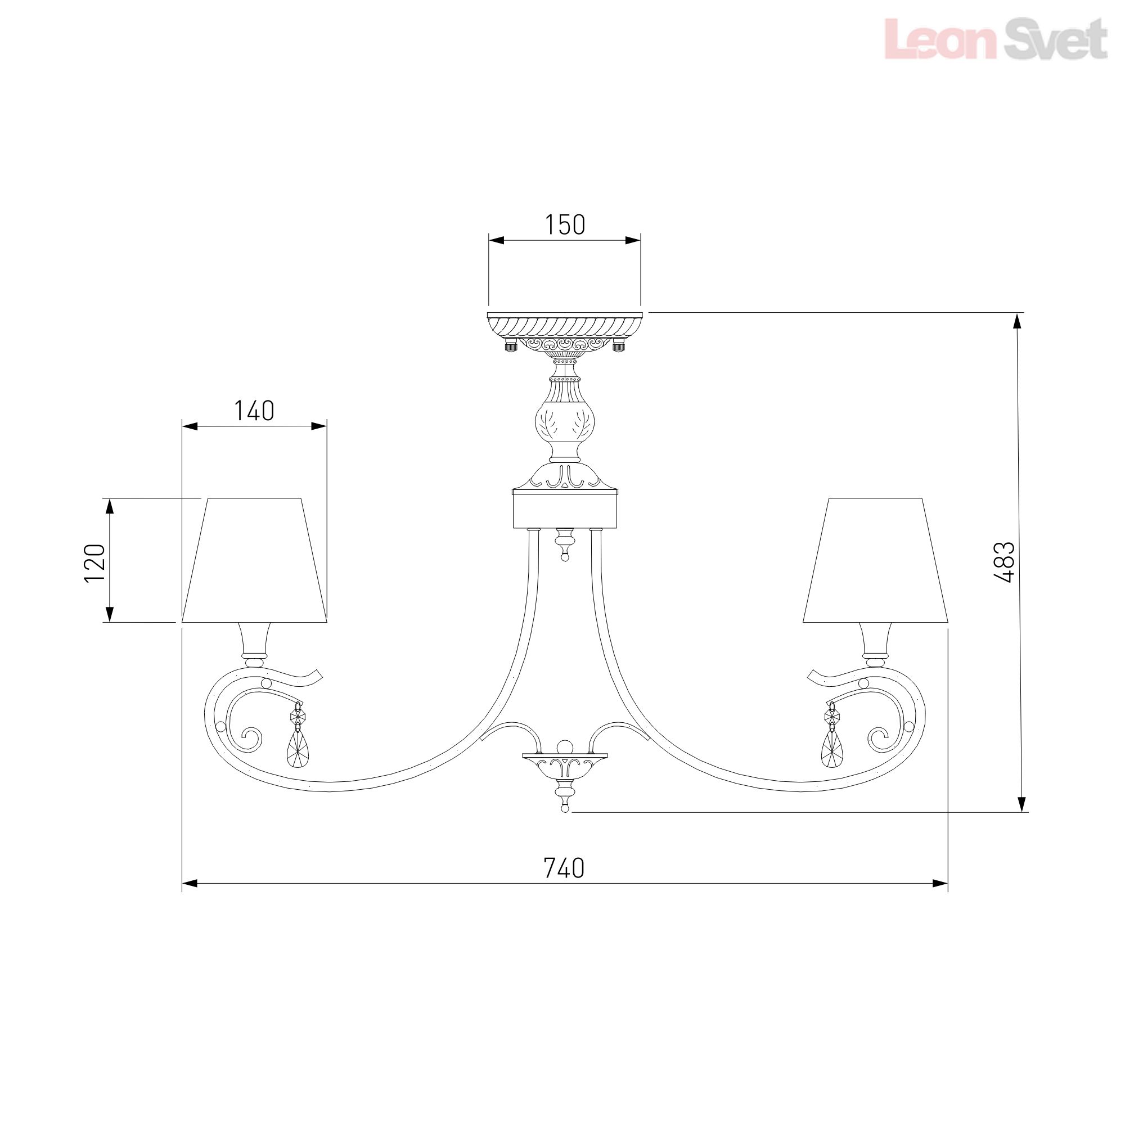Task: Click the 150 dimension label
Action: click(565, 225)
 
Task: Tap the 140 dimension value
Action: click(254, 411)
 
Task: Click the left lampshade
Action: click(254, 560)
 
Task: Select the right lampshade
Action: click(875, 560)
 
